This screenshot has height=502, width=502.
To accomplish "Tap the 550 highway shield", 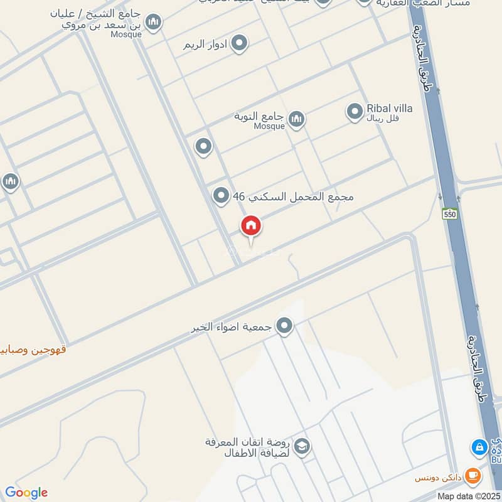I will click(x=449, y=213).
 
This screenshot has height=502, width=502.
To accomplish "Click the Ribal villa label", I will click(x=390, y=108).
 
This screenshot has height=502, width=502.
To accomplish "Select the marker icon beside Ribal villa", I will click(x=355, y=112).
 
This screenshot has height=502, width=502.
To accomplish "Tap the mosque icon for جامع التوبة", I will click(x=296, y=118).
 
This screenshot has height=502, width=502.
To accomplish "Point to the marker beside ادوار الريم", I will click(x=238, y=43).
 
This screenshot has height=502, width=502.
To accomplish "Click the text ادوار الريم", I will click(x=205, y=45).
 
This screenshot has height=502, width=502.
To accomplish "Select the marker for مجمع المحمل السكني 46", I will click(x=220, y=196).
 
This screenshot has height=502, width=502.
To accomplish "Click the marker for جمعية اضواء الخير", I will click(x=285, y=326).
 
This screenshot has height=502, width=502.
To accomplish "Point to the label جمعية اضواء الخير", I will click(x=233, y=328).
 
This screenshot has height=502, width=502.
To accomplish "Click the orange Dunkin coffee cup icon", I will click(x=474, y=477).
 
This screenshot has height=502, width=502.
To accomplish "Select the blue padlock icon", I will click(x=479, y=447).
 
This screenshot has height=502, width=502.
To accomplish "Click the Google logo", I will click(x=26, y=493).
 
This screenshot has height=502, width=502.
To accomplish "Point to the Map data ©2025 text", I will click(x=467, y=496).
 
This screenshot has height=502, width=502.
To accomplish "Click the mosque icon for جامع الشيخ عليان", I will click(x=153, y=24).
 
